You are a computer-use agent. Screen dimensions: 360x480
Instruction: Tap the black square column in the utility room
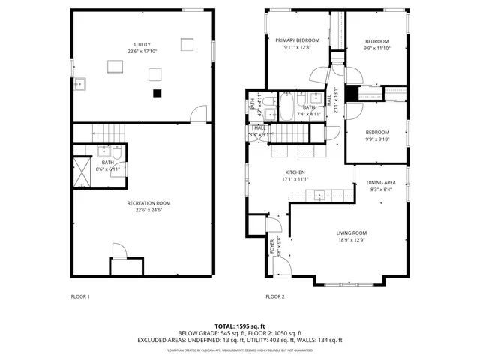click(157, 93)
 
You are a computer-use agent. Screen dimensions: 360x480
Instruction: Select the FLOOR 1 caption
click(80, 296)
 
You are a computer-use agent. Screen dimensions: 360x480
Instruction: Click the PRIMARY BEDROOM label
click(297, 40)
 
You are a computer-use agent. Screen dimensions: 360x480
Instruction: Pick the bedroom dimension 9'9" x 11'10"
click(376, 48)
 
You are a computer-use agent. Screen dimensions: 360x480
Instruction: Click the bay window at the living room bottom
click(346, 283)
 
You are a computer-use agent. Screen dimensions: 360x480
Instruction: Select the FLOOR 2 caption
click(275, 296)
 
